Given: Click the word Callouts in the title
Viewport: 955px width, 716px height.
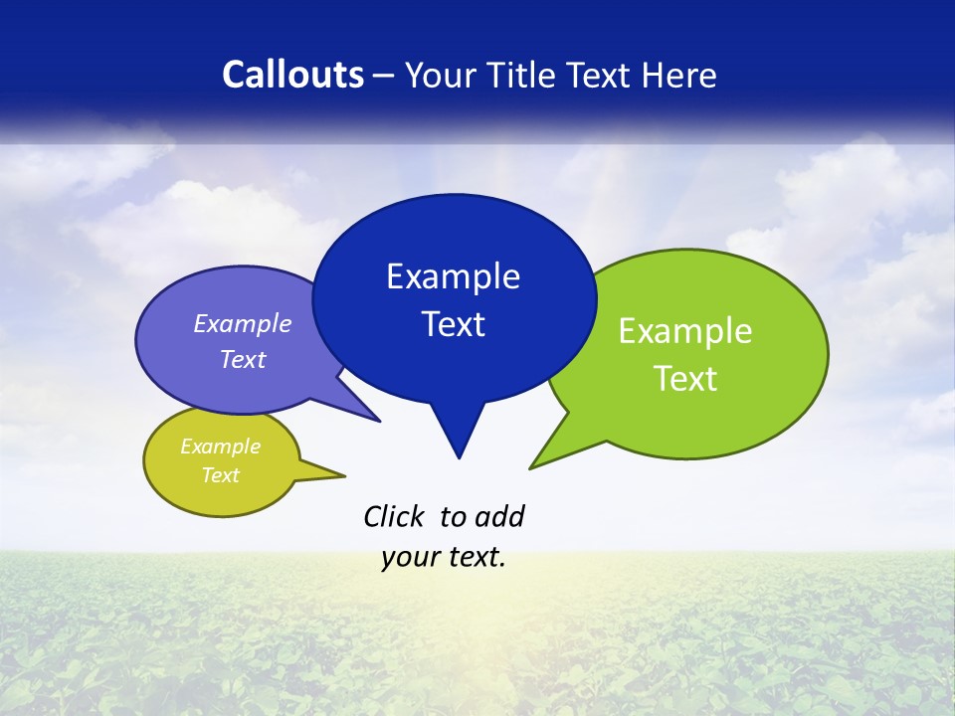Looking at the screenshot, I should pyautogui.click(x=292, y=76).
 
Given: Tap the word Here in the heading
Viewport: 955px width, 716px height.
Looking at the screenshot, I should pyautogui.click(x=680, y=76).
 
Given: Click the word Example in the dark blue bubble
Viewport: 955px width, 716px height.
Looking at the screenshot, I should pyautogui.click(x=453, y=276).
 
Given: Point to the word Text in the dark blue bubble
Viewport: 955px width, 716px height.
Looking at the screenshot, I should pyautogui.click(x=453, y=324).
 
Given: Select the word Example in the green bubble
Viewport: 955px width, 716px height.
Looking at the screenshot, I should pyautogui.click(x=685, y=331).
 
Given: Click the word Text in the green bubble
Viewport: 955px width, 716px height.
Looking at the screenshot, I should pyautogui.click(x=685, y=379).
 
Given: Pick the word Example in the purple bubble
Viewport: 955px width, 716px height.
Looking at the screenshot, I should pyautogui.click(x=243, y=323).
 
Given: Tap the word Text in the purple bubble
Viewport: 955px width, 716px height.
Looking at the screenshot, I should pyautogui.click(x=243, y=359).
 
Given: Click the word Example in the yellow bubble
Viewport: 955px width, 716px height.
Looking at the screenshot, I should pyautogui.click(x=220, y=447).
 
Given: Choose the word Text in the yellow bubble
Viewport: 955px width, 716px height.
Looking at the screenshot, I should pyautogui.click(x=220, y=475).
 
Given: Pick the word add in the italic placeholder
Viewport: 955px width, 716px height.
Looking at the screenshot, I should pyautogui.click(x=499, y=517).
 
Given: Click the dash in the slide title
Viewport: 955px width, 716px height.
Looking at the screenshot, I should pyautogui.click(x=385, y=76).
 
